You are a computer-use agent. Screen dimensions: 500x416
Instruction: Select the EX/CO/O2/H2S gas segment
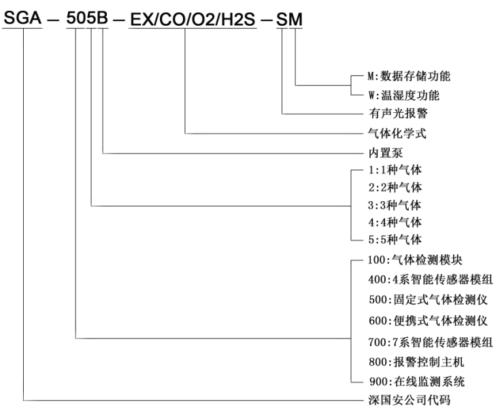[x=193, y=19]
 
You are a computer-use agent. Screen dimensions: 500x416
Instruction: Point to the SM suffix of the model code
[x=289, y=19]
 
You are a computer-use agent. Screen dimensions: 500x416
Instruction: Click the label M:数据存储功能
[x=409, y=76]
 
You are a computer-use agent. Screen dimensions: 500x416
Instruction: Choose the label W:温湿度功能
[x=403, y=95]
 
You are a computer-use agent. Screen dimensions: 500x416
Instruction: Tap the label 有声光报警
[x=398, y=113]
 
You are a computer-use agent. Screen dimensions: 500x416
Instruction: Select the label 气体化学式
[x=397, y=133]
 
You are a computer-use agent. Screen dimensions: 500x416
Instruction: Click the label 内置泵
[x=386, y=153]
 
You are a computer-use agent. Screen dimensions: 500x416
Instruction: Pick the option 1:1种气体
[x=395, y=170]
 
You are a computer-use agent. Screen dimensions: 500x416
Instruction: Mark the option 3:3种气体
[x=395, y=205]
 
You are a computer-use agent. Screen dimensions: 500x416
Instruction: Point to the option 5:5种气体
[x=395, y=239]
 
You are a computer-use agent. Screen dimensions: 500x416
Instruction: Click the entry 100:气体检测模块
[x=415, y=260]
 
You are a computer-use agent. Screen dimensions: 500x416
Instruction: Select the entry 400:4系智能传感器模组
[x=431, y=279]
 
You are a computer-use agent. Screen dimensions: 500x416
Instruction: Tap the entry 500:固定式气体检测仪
[x=428, y=299]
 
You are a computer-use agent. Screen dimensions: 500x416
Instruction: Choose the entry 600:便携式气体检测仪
[x=428, y=320]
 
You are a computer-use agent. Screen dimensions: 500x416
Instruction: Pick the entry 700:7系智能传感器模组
[x=431, y=342]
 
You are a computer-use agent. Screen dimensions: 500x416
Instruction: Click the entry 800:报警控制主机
[x=416, y=362]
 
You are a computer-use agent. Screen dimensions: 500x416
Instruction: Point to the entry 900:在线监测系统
[x=417, y=381]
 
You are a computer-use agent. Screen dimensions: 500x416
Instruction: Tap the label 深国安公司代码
[x=410, y=400]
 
